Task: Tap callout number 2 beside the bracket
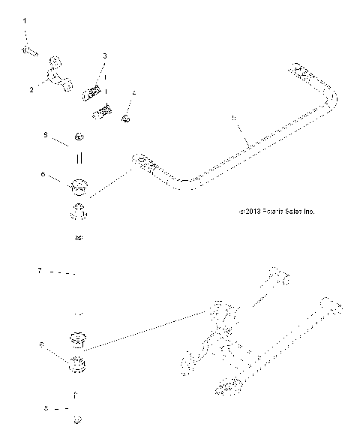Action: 31,89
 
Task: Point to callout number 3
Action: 104,56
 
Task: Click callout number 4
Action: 133,94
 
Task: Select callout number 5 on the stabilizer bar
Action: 234,119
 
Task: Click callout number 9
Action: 45,135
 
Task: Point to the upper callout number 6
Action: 43,174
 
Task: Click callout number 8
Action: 46,409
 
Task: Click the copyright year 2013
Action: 252,211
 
